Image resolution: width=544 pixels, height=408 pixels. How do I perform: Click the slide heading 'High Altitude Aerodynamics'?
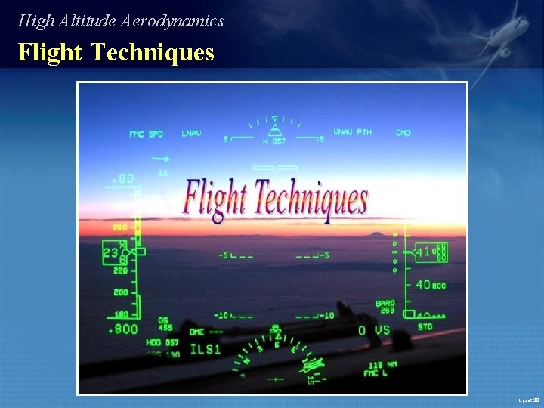[x=121, y=21]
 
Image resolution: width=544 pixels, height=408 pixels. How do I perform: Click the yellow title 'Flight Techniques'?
[x=116, y=53]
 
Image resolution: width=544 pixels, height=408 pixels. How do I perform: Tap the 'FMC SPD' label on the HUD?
[x=146, y=134]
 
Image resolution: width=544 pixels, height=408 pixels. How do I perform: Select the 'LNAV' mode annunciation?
[x=191, y=134]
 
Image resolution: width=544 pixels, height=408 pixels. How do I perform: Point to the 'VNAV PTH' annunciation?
[x=353, y=133]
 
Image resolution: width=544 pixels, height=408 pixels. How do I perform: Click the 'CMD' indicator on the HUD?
[x=403, y=133]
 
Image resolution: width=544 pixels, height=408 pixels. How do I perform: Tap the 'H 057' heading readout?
[x=274, y=141]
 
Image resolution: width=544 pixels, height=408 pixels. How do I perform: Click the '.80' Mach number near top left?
[x=122, y=179]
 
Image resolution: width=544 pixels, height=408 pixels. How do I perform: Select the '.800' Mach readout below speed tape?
[x=123, y=329]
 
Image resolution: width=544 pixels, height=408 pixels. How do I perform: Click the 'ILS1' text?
[x=205, y=349]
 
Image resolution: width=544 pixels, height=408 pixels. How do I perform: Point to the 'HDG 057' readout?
[x=162, y=342]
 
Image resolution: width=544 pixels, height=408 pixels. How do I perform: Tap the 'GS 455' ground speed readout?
[x=165, y=324]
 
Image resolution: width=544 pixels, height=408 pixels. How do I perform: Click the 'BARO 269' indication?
[x=385, y=307]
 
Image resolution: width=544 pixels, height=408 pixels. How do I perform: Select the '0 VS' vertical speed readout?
[x=374, y=330]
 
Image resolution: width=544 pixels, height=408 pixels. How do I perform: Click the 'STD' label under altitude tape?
[x=425, y=327]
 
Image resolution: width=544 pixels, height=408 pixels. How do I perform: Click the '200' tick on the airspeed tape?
[x=121, y=292]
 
